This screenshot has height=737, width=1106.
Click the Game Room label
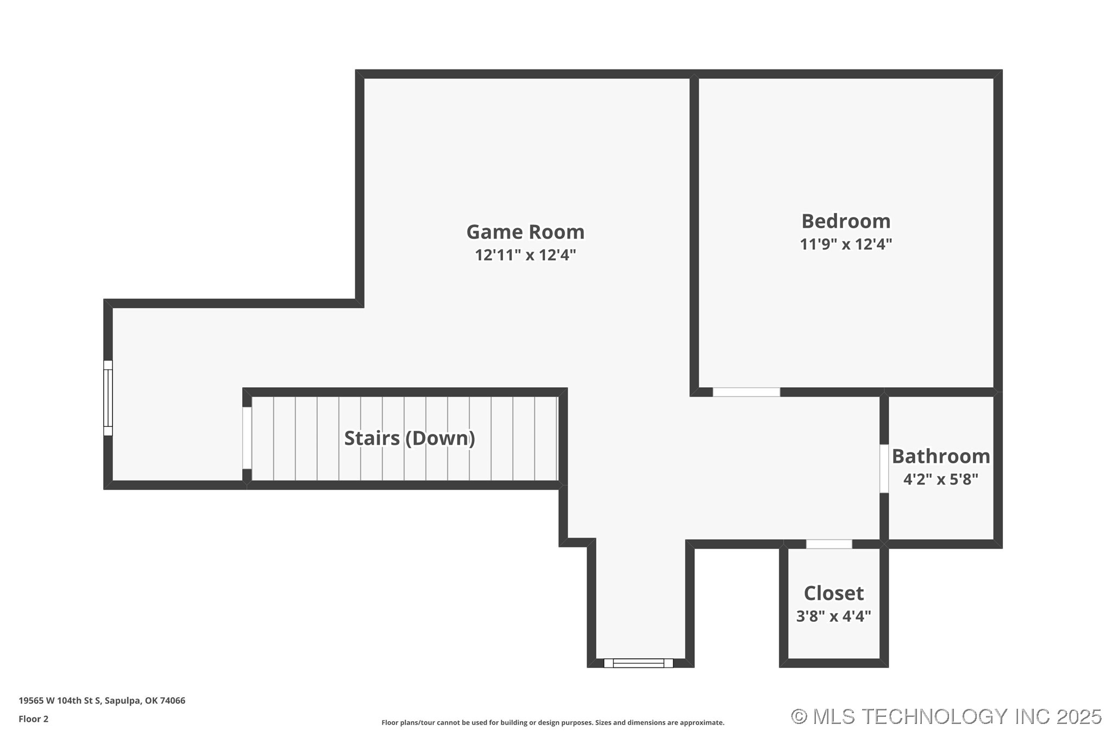[x=525, y=232]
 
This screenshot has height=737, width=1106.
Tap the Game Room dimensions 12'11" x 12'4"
[x=525, y=255]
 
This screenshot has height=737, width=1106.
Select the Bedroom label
[x=846, y=221]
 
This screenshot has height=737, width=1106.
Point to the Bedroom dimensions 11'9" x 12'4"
[x=846, y=244]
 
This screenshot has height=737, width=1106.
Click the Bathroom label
[x=941, y=456]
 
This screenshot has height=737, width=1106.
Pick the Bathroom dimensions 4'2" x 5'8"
[x=941, y=479]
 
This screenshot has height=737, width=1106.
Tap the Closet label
[x=834, y=593]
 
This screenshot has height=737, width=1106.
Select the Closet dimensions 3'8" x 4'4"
[x=834, y=616]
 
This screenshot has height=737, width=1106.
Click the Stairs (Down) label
[x=410, y=438]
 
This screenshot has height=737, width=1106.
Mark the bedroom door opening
[x=746, y=392]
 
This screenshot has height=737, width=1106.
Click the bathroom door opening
[x=884, y=469]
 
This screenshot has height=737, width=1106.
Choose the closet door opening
[x=829, y=544]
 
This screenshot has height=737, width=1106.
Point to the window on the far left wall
[x=108, y=398]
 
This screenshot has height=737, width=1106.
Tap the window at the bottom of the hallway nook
[x=638, y=663]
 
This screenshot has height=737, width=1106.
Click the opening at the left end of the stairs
[x=247, y=438]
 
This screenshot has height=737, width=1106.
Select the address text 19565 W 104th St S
[x=60, y=701]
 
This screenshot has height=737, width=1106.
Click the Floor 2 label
[x=34, y=719]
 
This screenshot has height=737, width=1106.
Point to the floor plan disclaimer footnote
[x=553, y=723]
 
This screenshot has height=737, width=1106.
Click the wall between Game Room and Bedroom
[x=694, y=233]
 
